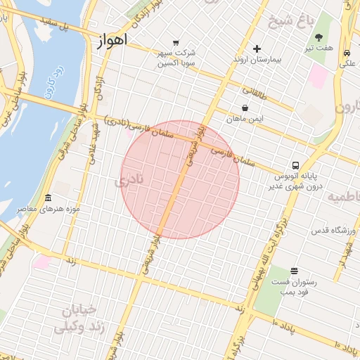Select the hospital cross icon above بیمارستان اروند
(x=257, y=49)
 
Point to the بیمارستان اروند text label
(x=257, y=60)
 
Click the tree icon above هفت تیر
(x=319, y=37)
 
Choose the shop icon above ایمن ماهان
(x=244, y=108)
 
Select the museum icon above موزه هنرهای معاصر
(x=48, y=198)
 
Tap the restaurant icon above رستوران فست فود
(x=294, y=271)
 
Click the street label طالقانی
(x=255, y=91)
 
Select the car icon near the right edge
(x=347, y=53)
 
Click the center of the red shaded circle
(x=180, y=180)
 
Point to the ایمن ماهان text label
(x=244, y=120)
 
